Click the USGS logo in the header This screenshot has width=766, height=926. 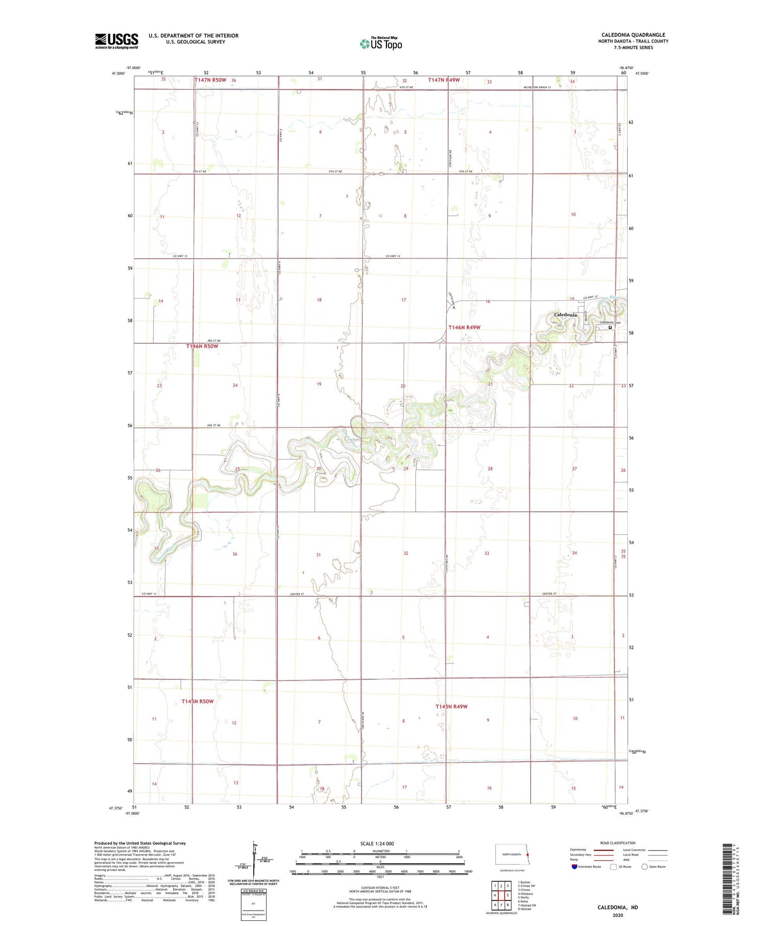[116, 41]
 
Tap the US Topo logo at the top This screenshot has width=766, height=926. [381, 44]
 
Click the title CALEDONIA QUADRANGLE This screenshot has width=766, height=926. [633, 35]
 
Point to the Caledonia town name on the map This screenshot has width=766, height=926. [565, 315]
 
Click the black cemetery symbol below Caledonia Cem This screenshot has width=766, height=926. [610, 327]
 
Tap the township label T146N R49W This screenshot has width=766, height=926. [464, 327]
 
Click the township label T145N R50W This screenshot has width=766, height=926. [197, 701]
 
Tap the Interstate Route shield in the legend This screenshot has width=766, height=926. [574, 867]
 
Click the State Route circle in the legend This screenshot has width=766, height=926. [644, 867]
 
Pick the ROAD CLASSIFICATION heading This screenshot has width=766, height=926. [618, 843]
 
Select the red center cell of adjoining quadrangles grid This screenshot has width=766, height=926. [501, 895]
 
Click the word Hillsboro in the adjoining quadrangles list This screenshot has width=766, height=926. [526, 893]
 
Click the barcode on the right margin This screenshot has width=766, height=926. [729, 878]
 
